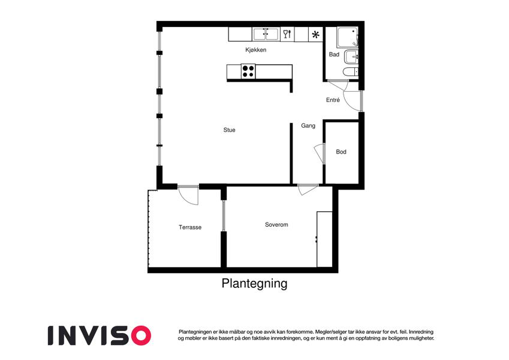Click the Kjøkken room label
[x=256, y=50]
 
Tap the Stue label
[x=229, y=130]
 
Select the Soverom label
[x=276, y=224]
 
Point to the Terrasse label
[x=190, y=227]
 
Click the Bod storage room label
[x=341, y=152]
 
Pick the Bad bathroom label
[x=334, y=54]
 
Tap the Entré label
[x=333, y=100]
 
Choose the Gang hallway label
[x=308, y=125]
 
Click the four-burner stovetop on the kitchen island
[x=248, y=71]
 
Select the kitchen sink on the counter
[x=266, y=34]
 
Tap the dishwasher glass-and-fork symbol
[x=287, y=34]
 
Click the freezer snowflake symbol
[x=315, y=34]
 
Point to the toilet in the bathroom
[x=351, y=71]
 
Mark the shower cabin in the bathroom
[x=347, y=37]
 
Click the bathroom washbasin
[x=351, y=57]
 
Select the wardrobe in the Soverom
[x=324, y=239]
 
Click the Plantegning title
[x=254, y=283]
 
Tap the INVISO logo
[x=100, y=335]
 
